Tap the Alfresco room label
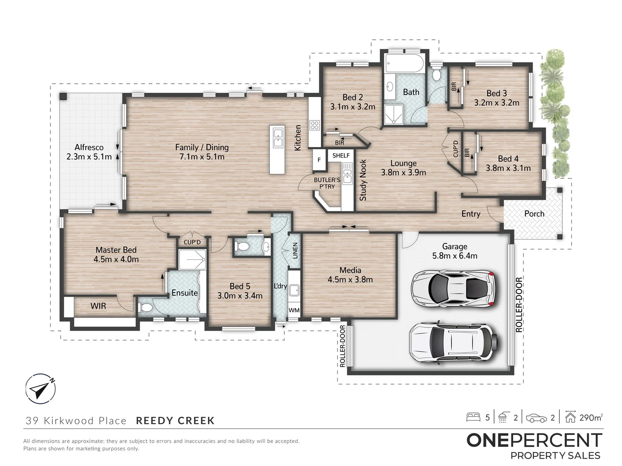[89, 147]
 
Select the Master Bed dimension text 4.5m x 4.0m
[116, 259]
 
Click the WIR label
[98, 306]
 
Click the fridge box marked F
[319, 160]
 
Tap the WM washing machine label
[294, 310]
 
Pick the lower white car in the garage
[452, 341]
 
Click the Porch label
[534, 214]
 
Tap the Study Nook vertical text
[363, 180]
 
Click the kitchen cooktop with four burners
[314, 125]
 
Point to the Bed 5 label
[240, 286]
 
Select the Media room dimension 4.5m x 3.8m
[350, 279]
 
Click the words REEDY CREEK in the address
[175, 420]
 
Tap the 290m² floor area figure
[591, 417]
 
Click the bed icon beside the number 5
[473, 417]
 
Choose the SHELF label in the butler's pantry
[341, 155]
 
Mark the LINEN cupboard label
[295, 251]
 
